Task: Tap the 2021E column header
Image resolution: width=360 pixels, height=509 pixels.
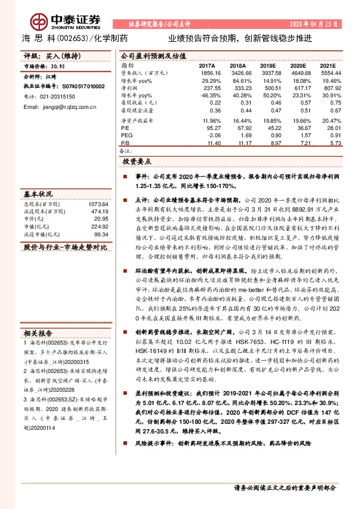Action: point(327,65)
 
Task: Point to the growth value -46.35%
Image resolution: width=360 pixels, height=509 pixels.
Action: point(206,95)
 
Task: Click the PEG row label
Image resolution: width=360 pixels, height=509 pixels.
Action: point(126,135)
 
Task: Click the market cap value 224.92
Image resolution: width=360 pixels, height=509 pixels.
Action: point(99,227)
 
